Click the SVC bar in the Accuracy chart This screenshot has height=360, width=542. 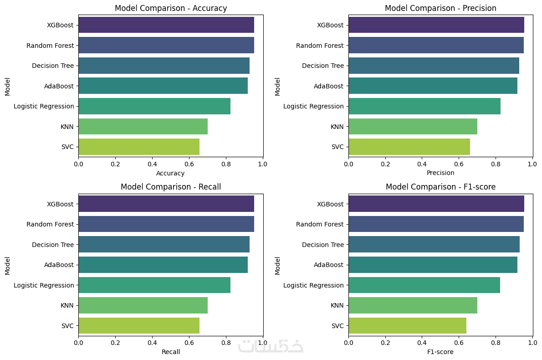coord(139,147)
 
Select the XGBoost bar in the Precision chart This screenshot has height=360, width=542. coord(436,25)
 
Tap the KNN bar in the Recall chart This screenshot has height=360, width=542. coord(143,305)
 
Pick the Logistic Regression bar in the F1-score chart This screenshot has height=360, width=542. coord(424,285)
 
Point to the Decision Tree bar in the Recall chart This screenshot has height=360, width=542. coord(164,245)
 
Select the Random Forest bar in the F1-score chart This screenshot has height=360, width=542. coord(436,224)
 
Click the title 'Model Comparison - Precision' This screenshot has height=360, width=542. coord(440,8)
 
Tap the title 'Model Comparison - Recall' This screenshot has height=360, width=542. coord(170,187)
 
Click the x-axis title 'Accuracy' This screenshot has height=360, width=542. coord(170,173)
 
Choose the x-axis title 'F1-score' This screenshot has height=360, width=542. coord(440,352)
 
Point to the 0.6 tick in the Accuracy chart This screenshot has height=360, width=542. coord(189,163)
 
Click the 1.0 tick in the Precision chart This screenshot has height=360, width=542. coord(532,163)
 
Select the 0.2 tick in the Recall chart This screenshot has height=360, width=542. coord(115,341)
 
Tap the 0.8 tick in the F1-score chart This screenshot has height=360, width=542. coord(496,341)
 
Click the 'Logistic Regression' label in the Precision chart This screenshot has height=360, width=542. coord(313,106)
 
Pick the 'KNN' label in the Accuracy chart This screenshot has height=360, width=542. coord(67,126)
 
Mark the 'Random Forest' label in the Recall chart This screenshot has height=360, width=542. coord(50,224)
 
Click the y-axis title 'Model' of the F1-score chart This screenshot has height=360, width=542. coord(277,266)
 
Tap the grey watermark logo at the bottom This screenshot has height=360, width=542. coord(271,346)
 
